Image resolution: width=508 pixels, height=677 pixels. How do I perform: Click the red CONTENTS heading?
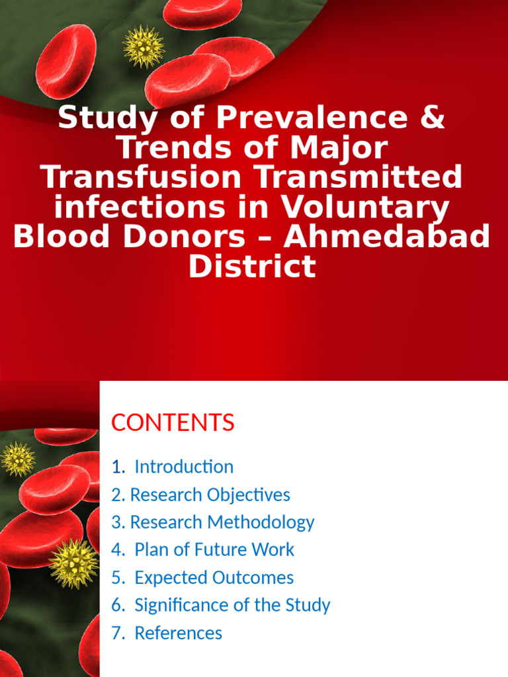point(173,422)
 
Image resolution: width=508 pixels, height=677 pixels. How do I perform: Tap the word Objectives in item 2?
point(248,495)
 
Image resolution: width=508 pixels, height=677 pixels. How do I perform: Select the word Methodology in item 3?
point(261,522)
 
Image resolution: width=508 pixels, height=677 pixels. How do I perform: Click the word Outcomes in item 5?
point(253,578)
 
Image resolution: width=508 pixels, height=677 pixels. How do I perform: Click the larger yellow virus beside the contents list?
point(73,563)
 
